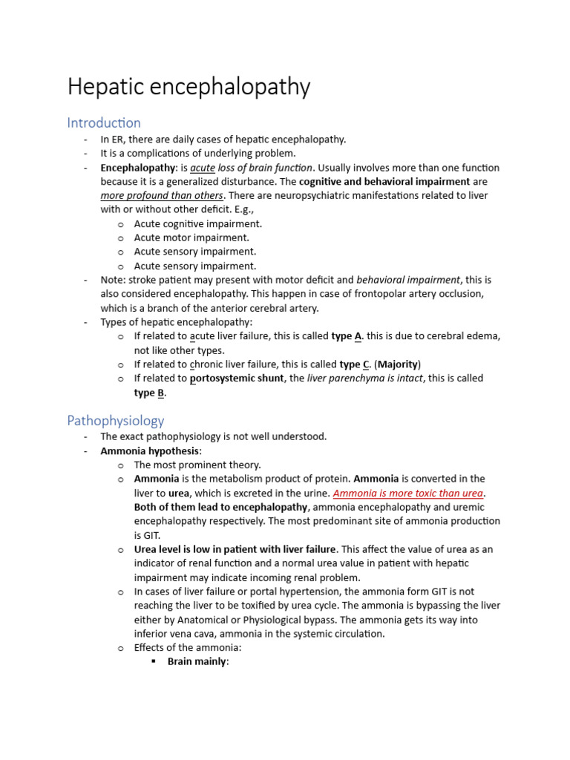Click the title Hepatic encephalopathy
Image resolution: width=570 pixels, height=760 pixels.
(189, 88)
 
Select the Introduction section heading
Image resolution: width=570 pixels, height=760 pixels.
(104, 122)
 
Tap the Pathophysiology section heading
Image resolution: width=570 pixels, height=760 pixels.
(116, 421)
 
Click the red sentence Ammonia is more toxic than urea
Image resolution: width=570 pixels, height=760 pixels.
(408, 493)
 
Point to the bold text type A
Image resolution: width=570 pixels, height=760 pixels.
(347, 336)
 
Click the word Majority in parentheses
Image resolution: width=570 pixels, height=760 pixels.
(399, 364)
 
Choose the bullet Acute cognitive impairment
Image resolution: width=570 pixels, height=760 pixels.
(197, 223)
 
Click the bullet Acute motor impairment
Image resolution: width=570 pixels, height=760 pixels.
(191, 237)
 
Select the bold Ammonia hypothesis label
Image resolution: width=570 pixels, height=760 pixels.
(151, 451)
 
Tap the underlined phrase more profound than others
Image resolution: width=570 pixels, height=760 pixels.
(162, 195)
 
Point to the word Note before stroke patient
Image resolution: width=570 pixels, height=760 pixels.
(113, 280)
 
